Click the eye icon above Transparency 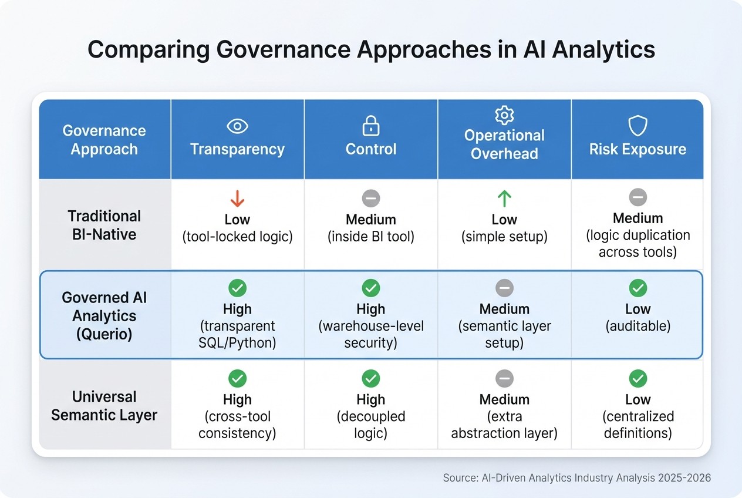pyautogui.click(x=237, y=126)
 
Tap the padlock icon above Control pyautogui.click(x=370, y=126)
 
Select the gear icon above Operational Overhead pyautogui.click(x=504, y=115)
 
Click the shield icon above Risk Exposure pyautogui.click(x=638, y=126)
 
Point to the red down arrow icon pyautogui.click(x=237, y=199)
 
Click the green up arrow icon pyautogui.click(x=504, y=199)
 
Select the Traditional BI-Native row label pyautogui.click(x=104, y=225)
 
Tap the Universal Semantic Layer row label pyautogui.click(x=104, y=406)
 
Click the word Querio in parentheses pyautogui.click(x=104, y=334)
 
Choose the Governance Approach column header pyautogui.click(x=104, y=140)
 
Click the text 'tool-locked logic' pyautogui.click(x=237, y=237)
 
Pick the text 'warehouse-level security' pyautogui.click(x=370, y=334)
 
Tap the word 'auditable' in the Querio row pyautogui.click(x=638, y=327)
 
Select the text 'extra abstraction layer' pyautogui.click(x=504, y=425)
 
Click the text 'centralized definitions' pyautogui.click(x=638, y=425)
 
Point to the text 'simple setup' pyautogui.click(x=504, y=237)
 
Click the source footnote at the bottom pyautogui.click(x=576, y=478)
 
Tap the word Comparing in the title pyautogui.click(x=147, y=51)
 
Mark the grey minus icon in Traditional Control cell pyautogui.click(x=370, y=198)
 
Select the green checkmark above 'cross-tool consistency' pyautogui.click(x=237, y=379)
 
